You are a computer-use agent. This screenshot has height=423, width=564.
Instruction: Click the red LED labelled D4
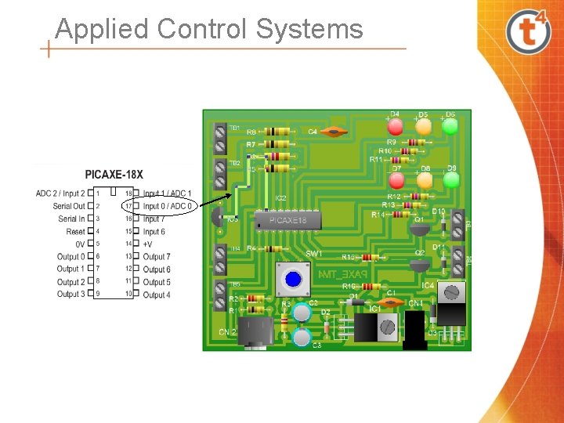396,126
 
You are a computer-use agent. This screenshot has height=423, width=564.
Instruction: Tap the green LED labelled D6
450,125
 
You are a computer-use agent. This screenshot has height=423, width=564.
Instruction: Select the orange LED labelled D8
424,179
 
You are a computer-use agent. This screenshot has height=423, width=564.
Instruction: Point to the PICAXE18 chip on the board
287,221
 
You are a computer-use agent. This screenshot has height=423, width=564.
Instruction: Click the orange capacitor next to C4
335,132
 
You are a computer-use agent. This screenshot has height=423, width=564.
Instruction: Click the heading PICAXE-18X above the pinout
114,174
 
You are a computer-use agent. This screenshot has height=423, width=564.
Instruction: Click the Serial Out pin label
69,206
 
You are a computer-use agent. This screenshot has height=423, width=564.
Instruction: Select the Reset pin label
75,232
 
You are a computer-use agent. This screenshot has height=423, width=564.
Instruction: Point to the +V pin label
147,244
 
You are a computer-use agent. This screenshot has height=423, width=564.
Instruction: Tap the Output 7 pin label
157,257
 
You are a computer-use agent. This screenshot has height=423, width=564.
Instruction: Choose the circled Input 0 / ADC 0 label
167,207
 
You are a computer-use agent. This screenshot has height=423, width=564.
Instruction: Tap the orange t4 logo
529,31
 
